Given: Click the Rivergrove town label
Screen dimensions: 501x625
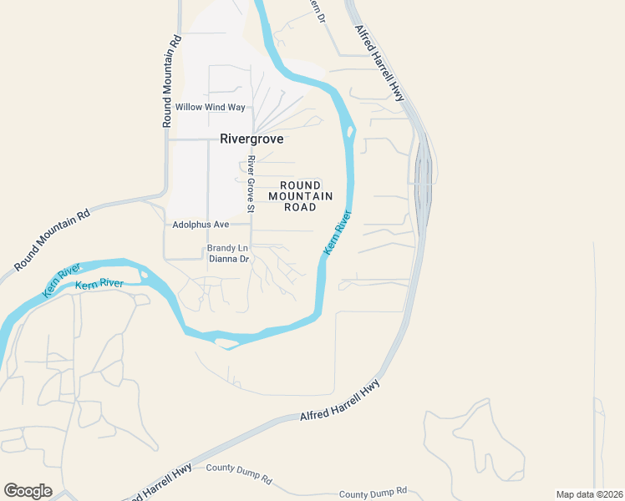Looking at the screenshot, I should tap(252, 139).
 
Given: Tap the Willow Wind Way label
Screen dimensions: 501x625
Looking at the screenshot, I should tap(210, 108).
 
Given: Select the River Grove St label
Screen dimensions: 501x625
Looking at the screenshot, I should tap(250, 184).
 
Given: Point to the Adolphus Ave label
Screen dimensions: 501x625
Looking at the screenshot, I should tap(201, 225).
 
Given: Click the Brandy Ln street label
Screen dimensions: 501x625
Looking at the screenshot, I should tap(227, 248).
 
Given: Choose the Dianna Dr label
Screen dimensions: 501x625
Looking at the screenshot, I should tap(229, 259).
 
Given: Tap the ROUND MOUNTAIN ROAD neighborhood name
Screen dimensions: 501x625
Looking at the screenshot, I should tap(300, 196).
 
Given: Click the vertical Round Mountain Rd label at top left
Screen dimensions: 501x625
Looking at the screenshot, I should tap(173, 81).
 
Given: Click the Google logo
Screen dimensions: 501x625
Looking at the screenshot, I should tap(28, 491).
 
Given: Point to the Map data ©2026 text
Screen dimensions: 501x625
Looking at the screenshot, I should tap(588, 494).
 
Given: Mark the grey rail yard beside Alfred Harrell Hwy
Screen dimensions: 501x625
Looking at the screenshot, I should tap(423, 180).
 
